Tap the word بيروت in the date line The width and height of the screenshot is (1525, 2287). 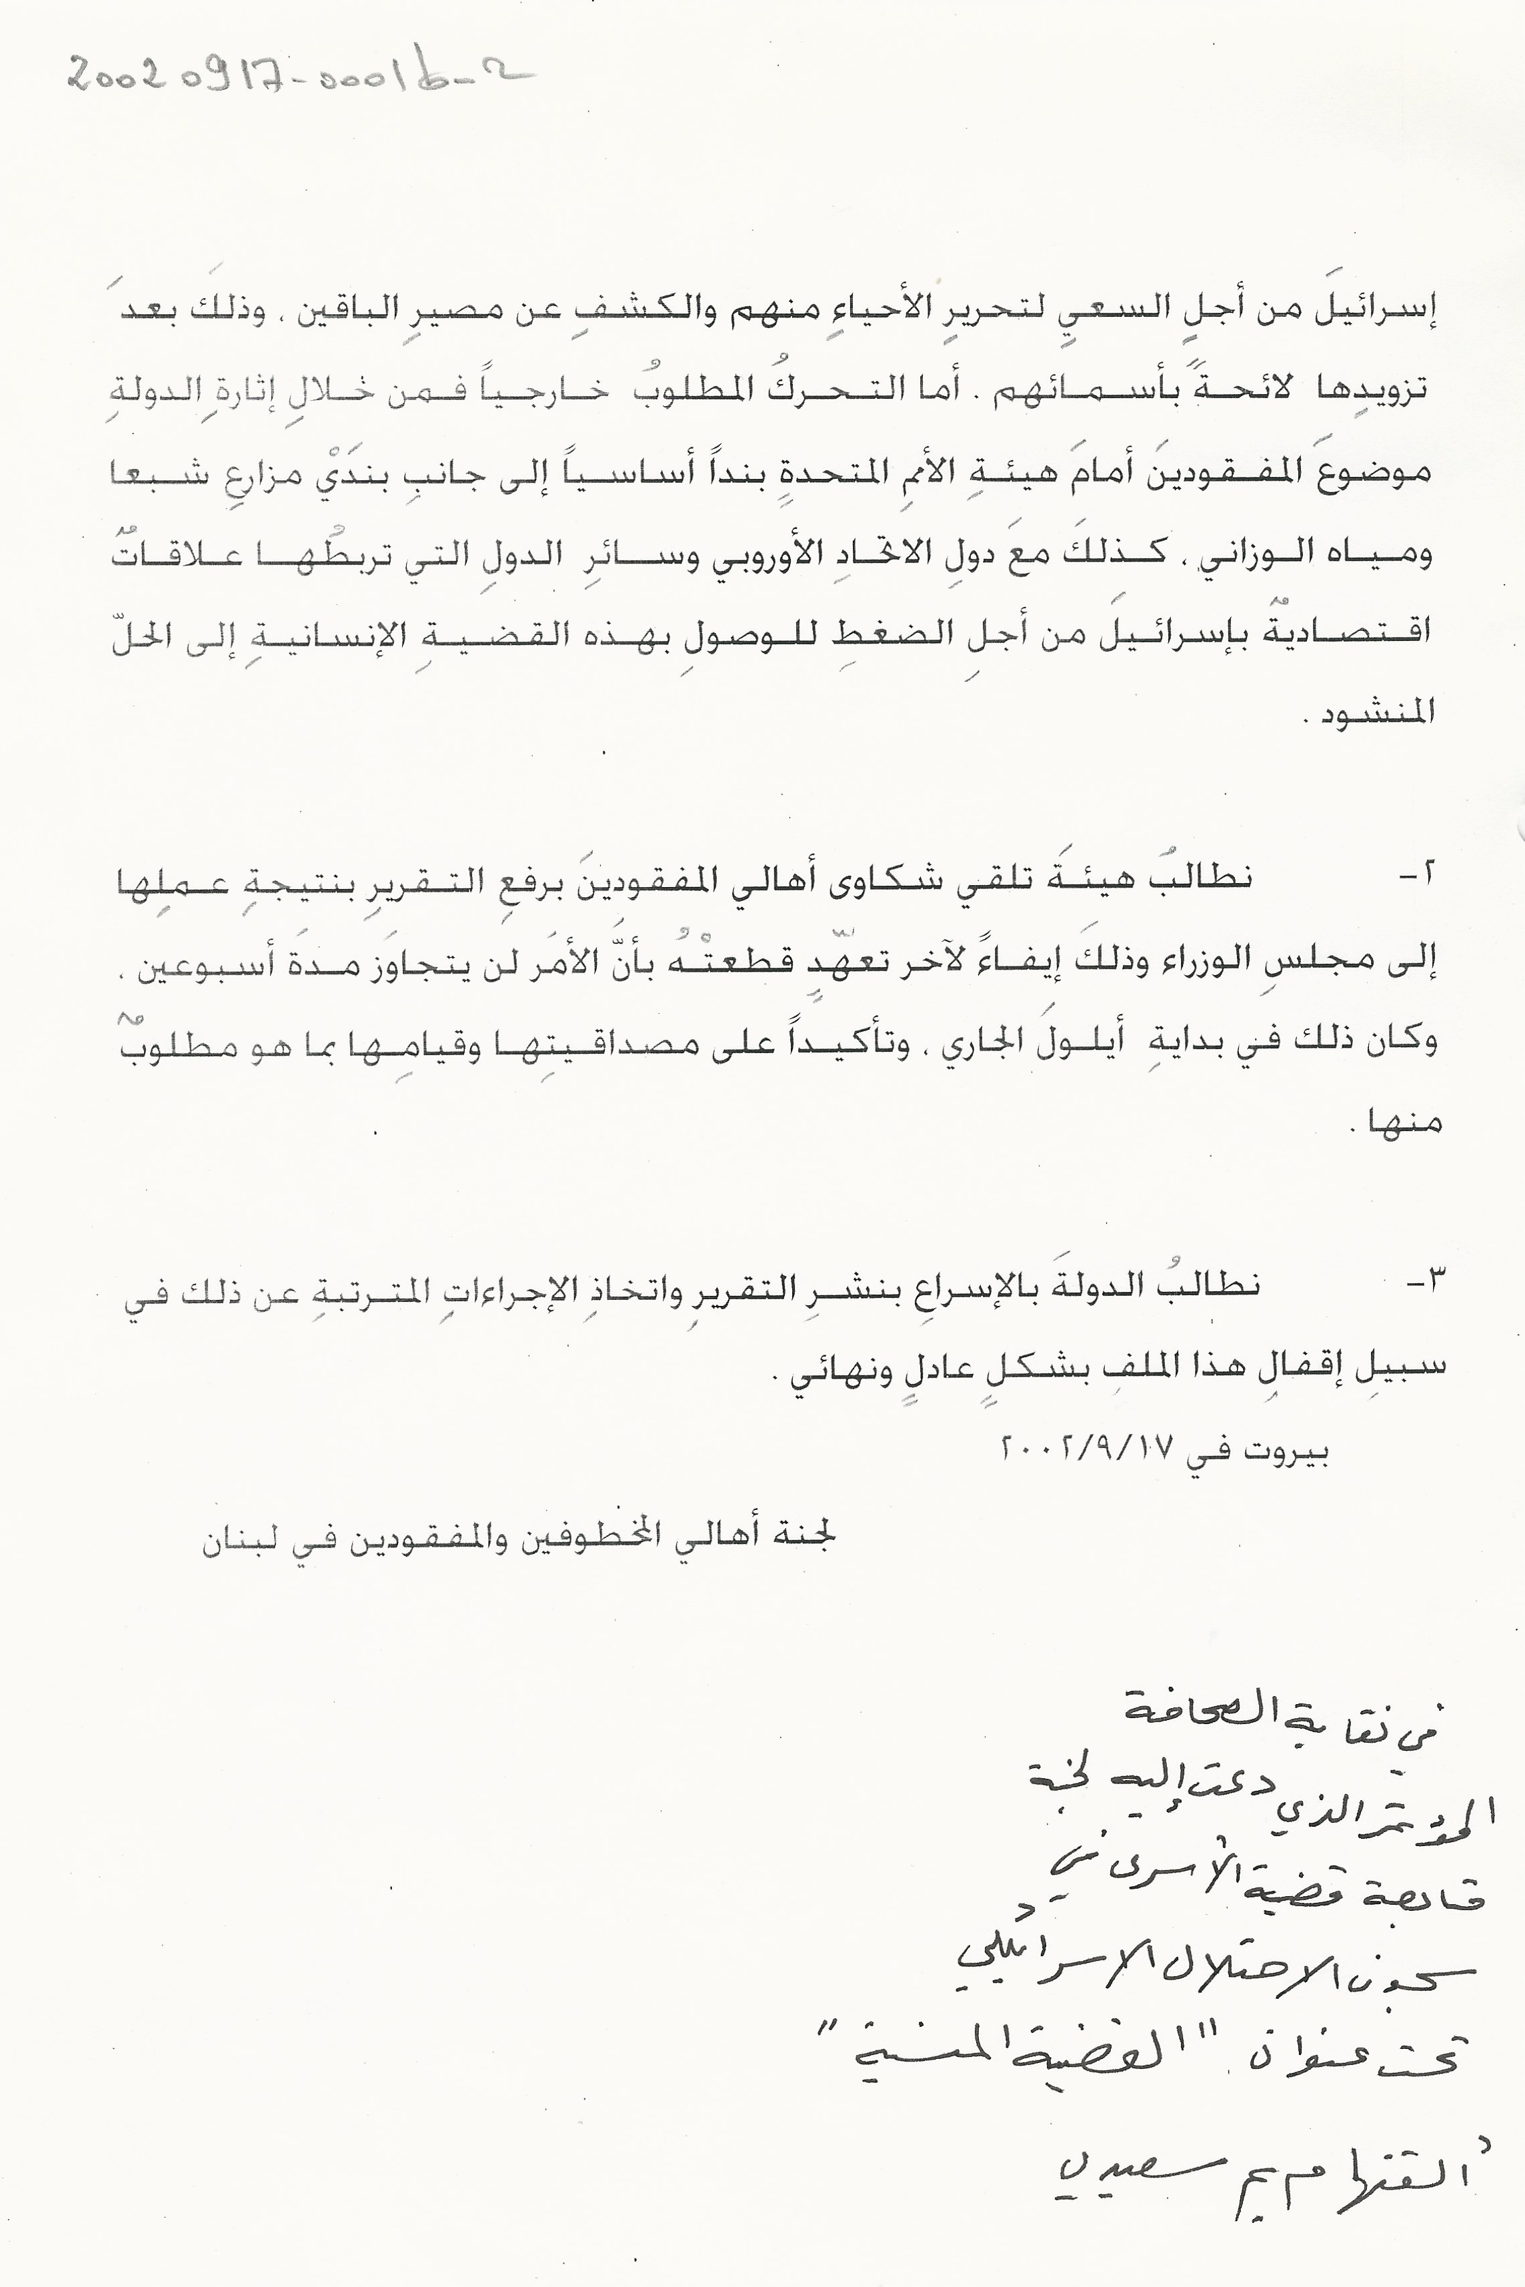pos(1284,1451)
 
